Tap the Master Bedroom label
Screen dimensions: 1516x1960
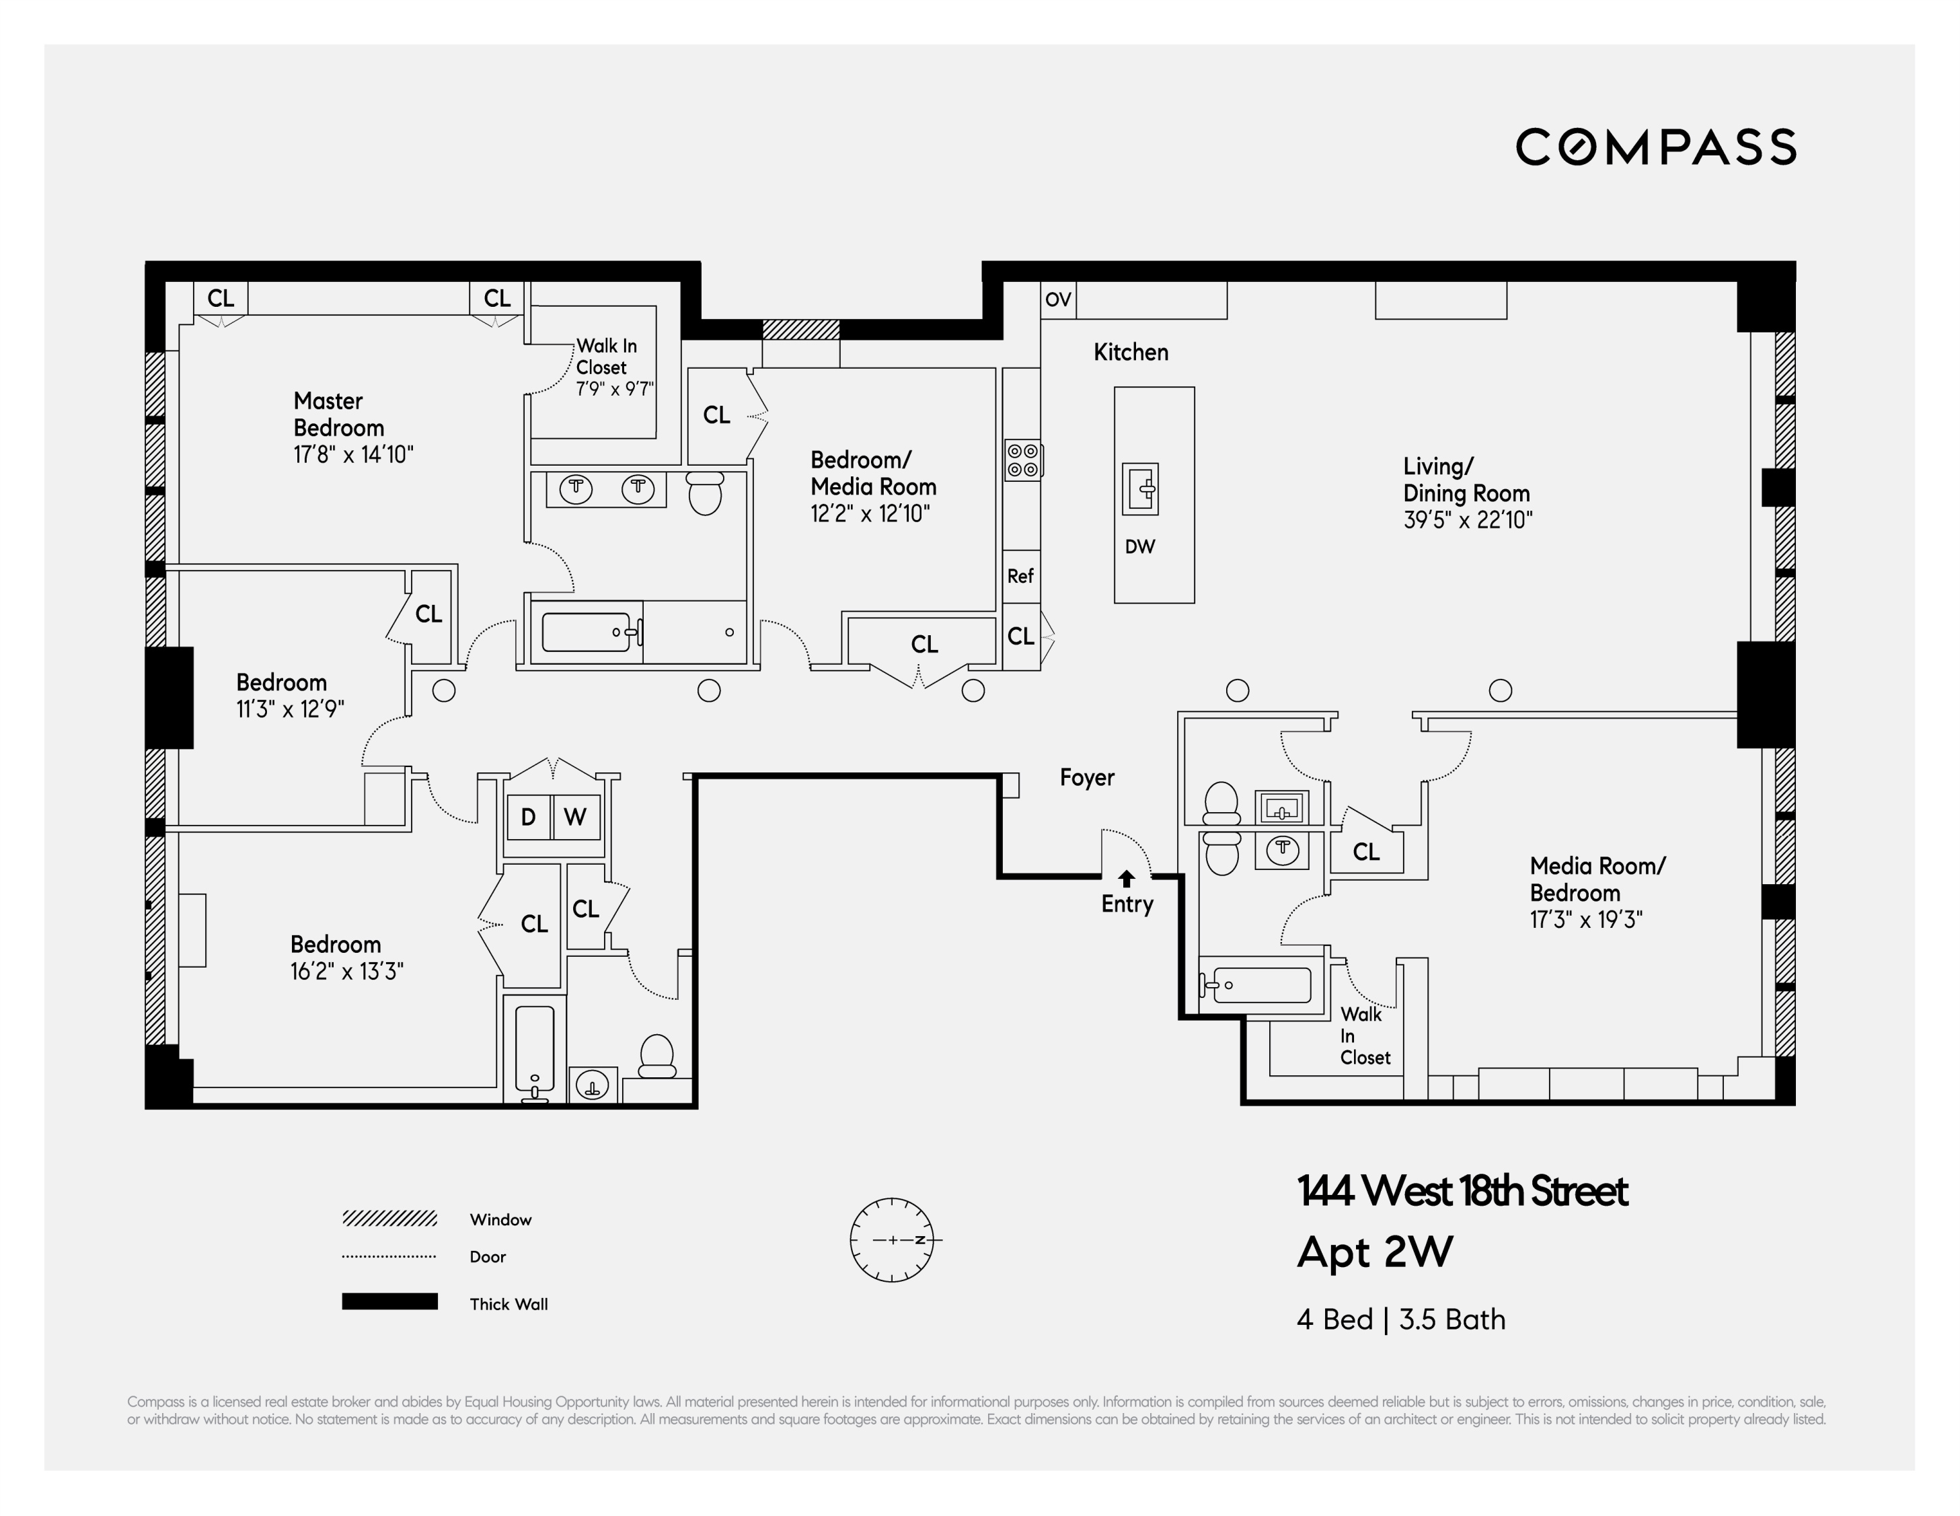pyautogui.click(x=338, y=414)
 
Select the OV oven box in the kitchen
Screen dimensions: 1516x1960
pyautogui.click(x=1058, y=300)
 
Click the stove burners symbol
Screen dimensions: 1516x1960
pyautogui.click(x=1022, y=460)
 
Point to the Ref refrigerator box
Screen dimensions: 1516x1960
pyautogui.click(x=1020, y=576)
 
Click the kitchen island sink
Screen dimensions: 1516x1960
pyautogui.click(x=1141, y=489)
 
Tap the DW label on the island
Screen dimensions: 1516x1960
pyautogui.click(x=1139, y=546)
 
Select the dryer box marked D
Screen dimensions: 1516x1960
pyautogui.click(x=529, y=817)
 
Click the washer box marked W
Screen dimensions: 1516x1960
pyautogui.click(x=575, y=817)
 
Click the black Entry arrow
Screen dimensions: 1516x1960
pyautogui.click(x=1126, y=878)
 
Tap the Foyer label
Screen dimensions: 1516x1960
pyautogui.click(x=1087, y=777)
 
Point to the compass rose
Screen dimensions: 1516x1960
pyautogui.click(x=892, y=1239)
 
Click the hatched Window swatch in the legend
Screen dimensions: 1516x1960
pyautogui.click(x=389, y=1218)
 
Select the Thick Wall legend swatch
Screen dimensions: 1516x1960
pyautogui.click(x=389, y=1301)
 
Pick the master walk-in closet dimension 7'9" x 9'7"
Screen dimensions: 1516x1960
pyautogui.click(x=615, y=390)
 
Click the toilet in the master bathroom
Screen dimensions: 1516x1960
pyautogui.click(x=706, y=494)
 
